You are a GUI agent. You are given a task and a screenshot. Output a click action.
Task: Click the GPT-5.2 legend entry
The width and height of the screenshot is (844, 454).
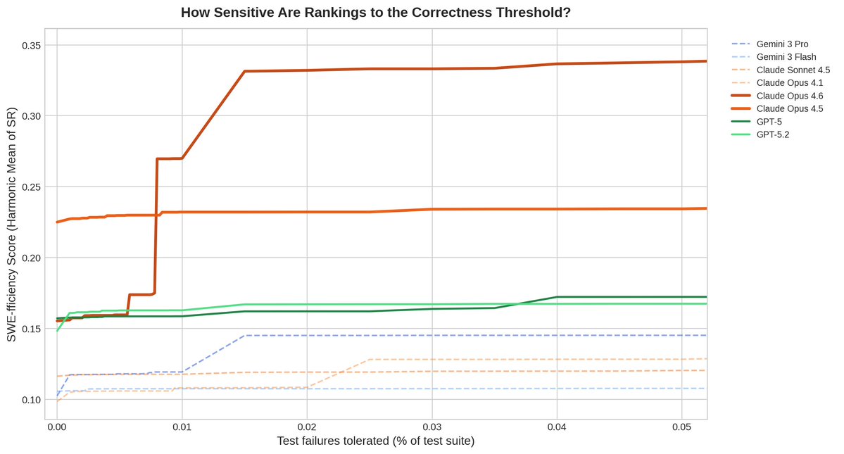773,134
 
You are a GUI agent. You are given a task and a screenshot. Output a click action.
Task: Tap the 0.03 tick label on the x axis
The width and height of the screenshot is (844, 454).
432,427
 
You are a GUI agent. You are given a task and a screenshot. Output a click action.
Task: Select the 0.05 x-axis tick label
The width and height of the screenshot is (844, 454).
681,427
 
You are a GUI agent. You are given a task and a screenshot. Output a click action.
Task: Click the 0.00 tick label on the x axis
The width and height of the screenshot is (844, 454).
57,427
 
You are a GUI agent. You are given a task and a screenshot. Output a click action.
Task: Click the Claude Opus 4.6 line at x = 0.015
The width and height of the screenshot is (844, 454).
244,71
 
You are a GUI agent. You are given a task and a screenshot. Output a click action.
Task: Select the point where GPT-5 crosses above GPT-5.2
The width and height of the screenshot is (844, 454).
519,303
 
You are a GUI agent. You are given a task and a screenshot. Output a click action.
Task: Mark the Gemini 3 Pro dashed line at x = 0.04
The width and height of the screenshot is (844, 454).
557,335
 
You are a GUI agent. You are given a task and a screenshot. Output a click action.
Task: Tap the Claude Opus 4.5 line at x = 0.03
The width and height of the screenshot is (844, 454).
432,209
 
